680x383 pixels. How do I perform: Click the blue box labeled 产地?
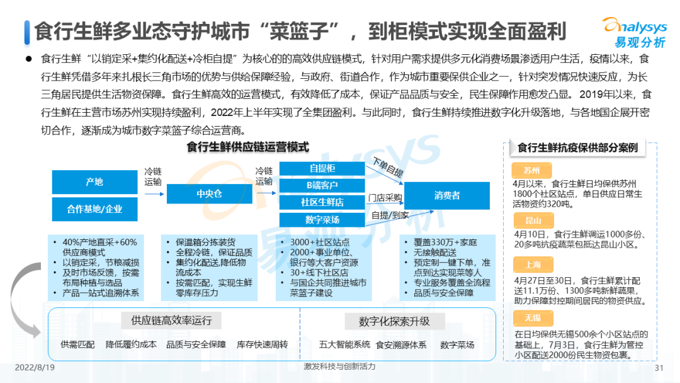point(94,181)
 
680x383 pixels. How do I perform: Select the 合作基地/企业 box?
point(94,209)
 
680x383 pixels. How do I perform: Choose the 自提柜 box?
point(322,168)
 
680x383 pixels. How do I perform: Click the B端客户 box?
point(322,185)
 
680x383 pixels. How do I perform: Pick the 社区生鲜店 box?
point(322,202)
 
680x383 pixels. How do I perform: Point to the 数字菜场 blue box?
point(322,220)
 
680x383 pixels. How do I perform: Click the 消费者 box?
point(446,196)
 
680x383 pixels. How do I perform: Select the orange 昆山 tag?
point(533,220)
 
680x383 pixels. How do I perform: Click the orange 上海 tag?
point(533,265)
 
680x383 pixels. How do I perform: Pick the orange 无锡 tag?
point(533,318)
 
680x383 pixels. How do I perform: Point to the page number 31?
point(660,368)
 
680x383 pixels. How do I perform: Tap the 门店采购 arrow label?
point(385,198)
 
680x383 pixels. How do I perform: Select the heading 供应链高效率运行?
point(171,321)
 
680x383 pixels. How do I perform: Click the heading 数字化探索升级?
point(394,321)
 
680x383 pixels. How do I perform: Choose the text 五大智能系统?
point(344,345)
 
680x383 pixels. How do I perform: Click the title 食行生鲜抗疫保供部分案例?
point(577,148)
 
